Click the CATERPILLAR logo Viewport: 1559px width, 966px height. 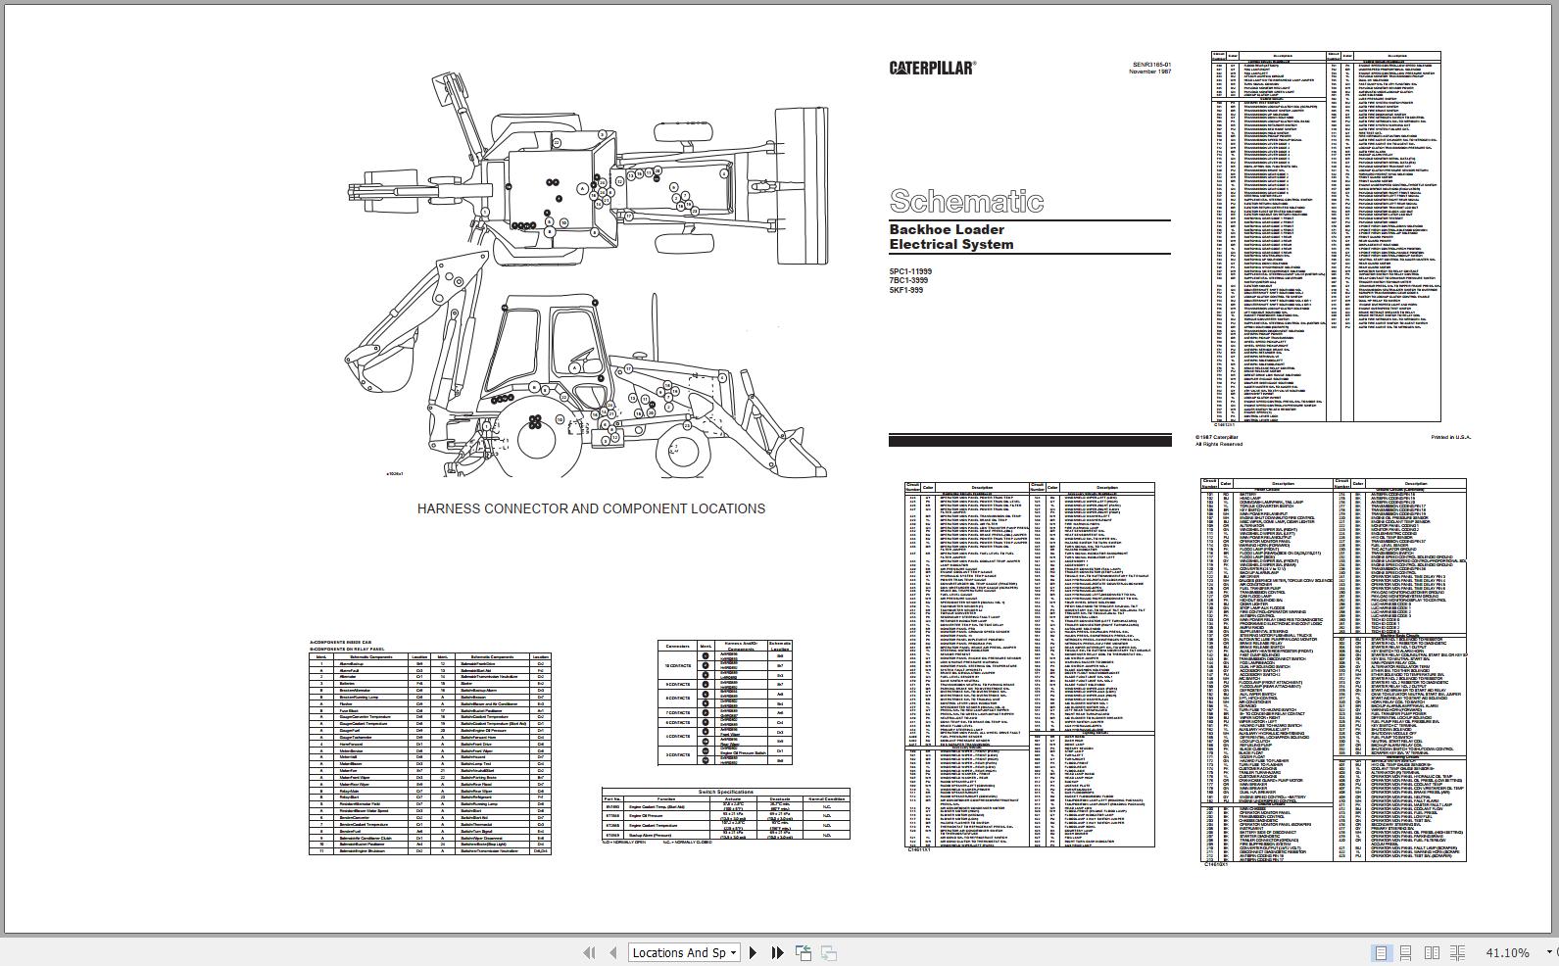tap(932, 68)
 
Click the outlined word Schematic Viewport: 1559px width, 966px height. tap(965, 201)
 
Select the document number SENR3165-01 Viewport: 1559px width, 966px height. tap(1151, 65)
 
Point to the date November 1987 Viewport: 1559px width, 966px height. tap(1149, 72)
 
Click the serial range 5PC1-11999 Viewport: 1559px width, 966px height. tap(910, 271)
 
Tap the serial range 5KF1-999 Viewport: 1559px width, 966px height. tap(905, 290)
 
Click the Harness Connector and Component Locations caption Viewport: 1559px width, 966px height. tap(591, 508)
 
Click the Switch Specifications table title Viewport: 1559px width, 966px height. tap(725, 792)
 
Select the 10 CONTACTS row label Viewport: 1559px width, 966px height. tap(677, 665)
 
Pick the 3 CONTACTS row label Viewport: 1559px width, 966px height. tap(677, 755)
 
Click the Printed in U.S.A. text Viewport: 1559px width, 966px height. tap(1450, 437)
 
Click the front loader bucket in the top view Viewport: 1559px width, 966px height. tap(800, 186)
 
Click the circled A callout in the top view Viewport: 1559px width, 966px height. tap(583, 188)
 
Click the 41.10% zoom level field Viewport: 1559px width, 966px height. tap(1506, 952)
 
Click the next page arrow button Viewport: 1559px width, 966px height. tap(753, 952)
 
